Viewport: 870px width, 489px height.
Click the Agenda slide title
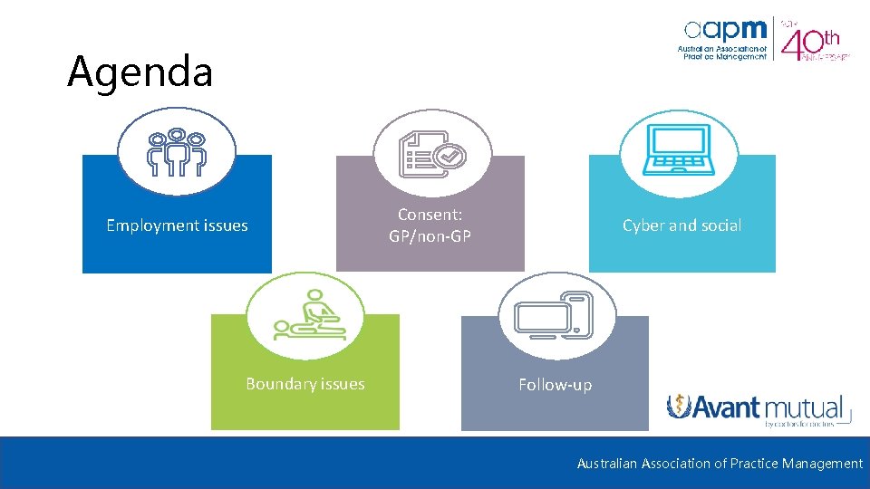point(140,72)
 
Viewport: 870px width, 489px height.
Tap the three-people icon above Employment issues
point(177,151)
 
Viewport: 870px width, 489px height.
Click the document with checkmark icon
point(432,154)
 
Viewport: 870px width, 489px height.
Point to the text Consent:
point(430,215)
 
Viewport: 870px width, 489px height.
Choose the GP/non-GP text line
point(430,236)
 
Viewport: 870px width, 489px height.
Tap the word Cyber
point(643,225)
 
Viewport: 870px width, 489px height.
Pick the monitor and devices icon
point(554,316)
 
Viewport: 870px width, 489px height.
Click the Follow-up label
point(555,385)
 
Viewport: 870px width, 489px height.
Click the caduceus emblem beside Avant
point(680,407)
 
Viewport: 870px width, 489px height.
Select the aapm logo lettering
point(725,30)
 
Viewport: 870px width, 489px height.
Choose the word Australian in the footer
point(607,464)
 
